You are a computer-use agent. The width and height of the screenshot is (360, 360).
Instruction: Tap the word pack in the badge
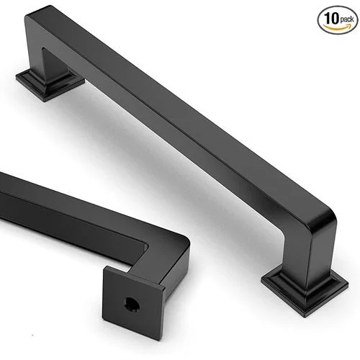pyautogui.click(x=346, y=19)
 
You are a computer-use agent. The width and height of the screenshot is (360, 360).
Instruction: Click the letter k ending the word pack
pyautogui.click(x=352, y=19)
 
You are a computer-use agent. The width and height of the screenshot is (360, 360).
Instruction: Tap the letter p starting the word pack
pyautogui.click(x=341, y=21)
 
